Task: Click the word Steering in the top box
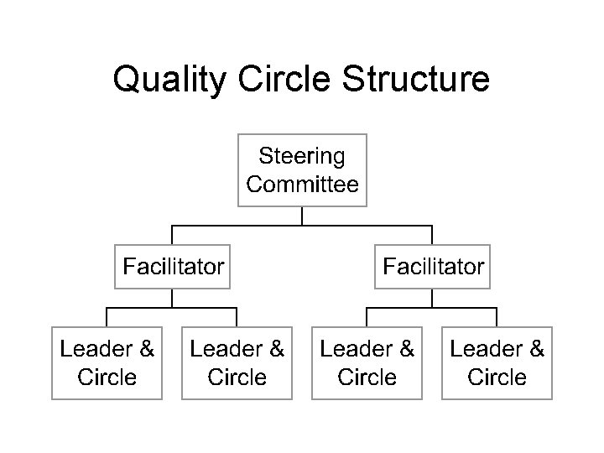[302, 156]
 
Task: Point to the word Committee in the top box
[302, 184]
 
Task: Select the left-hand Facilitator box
[173, 267]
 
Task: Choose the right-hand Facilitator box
[433, 267]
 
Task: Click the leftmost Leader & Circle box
[107, 362]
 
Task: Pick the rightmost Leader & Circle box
[497, 362]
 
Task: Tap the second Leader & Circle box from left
[237, 362]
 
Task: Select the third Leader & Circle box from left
[367, 362]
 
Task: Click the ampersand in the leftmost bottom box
[146, 348]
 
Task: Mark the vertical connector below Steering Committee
[302, 216]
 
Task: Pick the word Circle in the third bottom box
[367, 377]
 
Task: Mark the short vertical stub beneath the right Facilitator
[432, 298]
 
